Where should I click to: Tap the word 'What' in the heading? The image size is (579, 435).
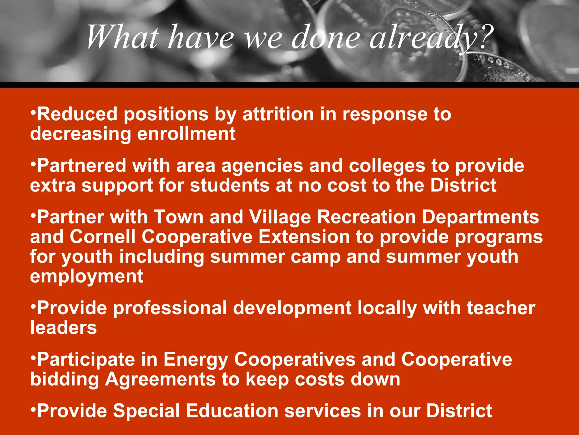pyautogui.click(x=122, y=37)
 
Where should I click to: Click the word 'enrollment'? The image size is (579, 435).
pyautogui.click(x=186, y=134)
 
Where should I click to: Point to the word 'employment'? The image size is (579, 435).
pyautogui.click(x=87, y=277)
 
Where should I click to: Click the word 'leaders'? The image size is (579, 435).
pyautogui.click(x=64, y=328)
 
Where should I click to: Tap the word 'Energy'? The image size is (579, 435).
pyautogui.click(x=196, y=360)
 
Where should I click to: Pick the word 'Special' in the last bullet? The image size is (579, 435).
pyautogui.click(x=146, y=411)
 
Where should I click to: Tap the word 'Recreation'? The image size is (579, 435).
pyautogui.click(x=366, y=217)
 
